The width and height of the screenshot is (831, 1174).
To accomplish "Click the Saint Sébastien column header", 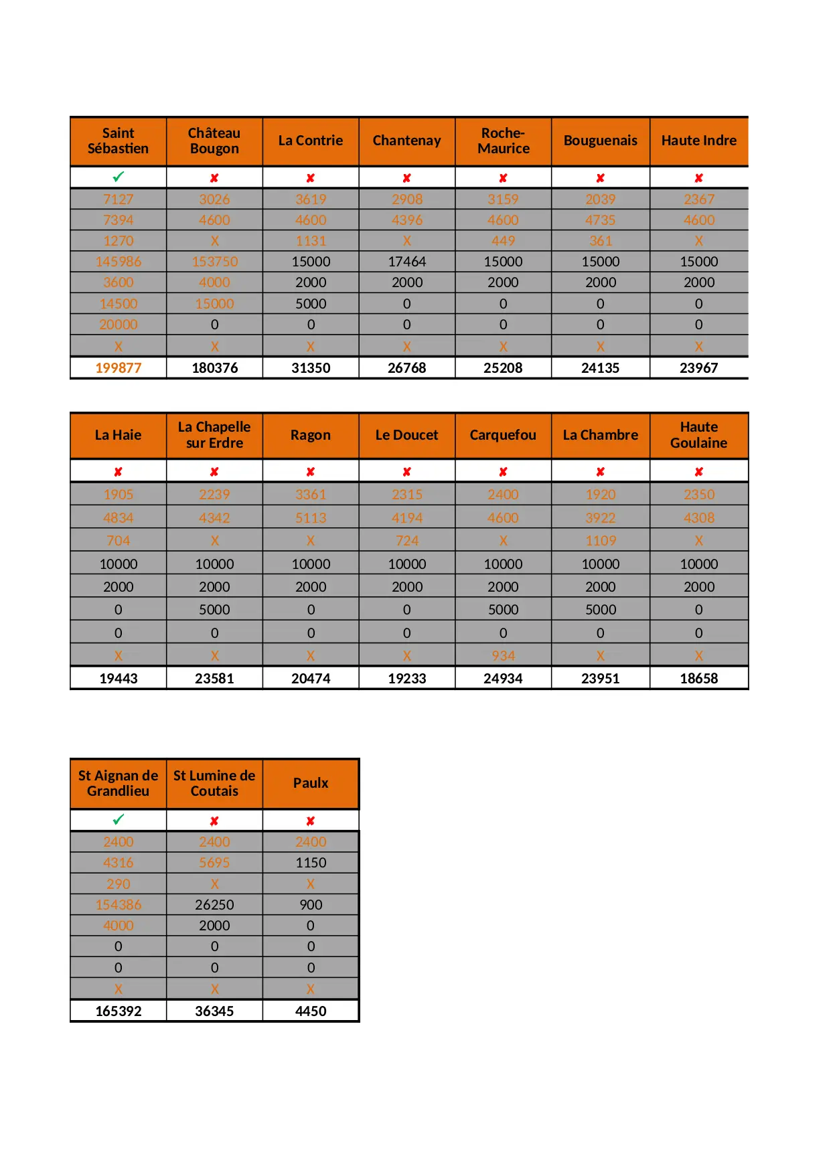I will tap(118, 141).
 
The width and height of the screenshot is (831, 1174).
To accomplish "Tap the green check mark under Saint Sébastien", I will tap(119, 177).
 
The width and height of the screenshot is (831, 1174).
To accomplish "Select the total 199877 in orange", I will tap(119, 367).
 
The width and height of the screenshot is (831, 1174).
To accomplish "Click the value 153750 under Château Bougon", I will tap(214, 262).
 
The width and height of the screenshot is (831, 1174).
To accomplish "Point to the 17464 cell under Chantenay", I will tap(406, 262).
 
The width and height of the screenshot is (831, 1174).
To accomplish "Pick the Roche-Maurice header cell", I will tap(503, 141).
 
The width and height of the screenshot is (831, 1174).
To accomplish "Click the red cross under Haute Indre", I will tap(698, 178).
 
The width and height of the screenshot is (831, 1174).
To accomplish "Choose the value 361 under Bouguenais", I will tap(600, 241).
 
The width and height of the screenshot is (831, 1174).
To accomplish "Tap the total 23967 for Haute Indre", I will tap(698, 367).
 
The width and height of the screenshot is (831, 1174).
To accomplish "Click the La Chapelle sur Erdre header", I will tap(214, 435).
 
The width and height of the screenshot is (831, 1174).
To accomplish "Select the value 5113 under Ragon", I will tap(311, 518).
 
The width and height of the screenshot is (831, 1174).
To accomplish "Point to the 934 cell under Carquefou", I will tap(503, 656).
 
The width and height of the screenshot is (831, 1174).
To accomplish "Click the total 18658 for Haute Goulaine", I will tap(698, 678).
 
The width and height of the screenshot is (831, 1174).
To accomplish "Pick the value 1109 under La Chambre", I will tap(600, 541).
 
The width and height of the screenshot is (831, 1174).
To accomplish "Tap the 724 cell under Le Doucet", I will tap(406, 541).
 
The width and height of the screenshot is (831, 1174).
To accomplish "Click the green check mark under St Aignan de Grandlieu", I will tap(119, 820).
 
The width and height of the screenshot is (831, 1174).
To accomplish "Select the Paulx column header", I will tap(311, 783).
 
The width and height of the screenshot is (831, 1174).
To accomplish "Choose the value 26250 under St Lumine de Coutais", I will tap(214, 905).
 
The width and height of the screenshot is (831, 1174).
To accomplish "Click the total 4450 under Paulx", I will tap(311, 1011).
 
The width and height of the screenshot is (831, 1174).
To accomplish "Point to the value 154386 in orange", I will tap(119, 905).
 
